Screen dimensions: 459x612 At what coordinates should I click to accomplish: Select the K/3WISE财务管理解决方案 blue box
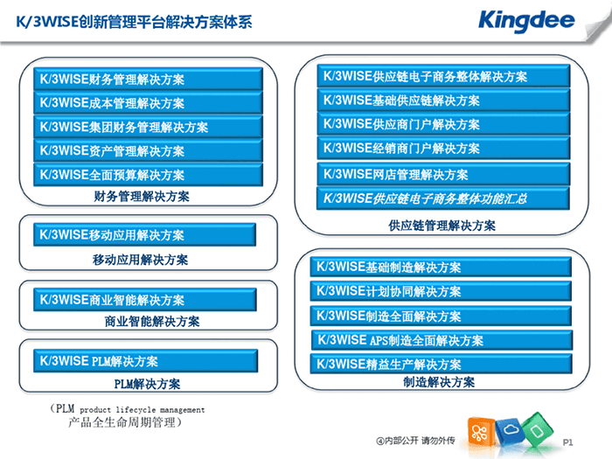[148, 79]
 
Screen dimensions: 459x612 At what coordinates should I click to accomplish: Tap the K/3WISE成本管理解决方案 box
[148, 102]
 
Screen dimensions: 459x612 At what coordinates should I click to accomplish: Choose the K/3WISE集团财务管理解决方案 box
[148, 127]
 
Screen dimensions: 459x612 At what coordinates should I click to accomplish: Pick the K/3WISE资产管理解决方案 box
[148, 150]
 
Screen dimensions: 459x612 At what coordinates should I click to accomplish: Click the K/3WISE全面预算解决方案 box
[148, 174]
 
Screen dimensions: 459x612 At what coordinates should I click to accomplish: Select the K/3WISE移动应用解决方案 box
[144, 234]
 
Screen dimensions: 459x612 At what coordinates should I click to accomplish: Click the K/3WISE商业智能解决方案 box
[145, 300]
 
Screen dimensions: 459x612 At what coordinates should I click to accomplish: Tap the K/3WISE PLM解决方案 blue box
[145, 360]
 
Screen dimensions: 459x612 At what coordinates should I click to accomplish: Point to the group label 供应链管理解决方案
[442, 226]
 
